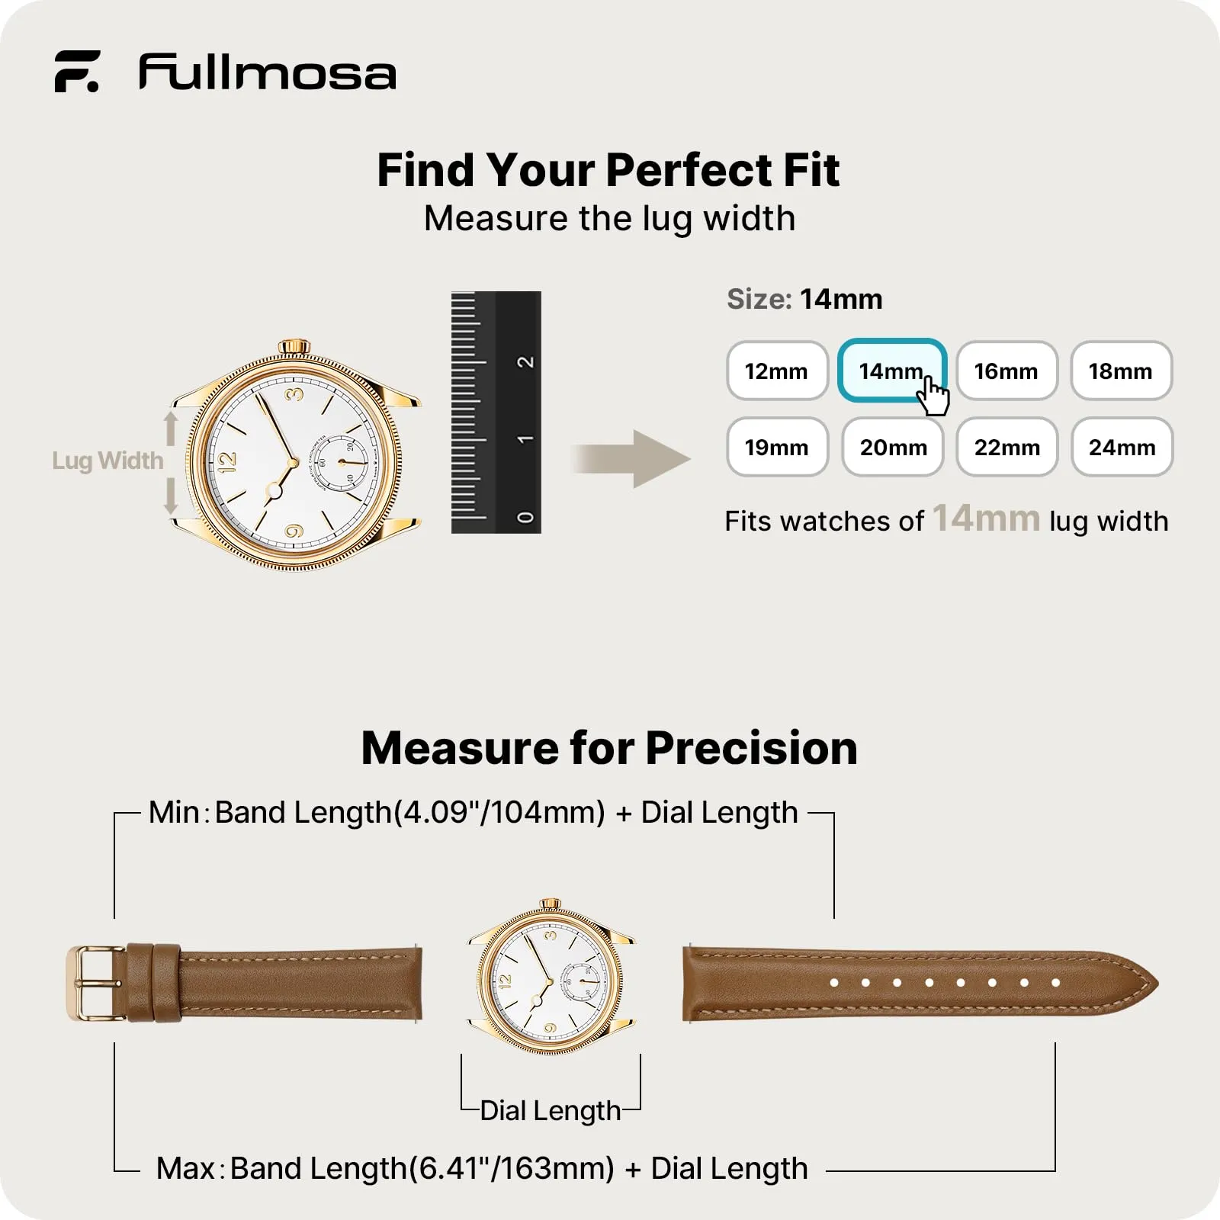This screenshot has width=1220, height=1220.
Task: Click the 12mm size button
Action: coord(777,371)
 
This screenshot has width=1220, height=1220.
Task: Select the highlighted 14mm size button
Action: coord(892,371)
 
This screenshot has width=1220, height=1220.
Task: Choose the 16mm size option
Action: coord(1007,371)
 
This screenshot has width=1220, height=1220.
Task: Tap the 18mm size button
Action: coord(1122,371)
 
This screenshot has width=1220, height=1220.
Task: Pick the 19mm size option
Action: coord(777,448)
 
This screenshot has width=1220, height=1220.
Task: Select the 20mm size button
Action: coord(893,448)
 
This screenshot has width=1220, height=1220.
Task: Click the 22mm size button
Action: coord(1007,448)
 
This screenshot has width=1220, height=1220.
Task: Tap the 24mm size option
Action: coord(1122,448)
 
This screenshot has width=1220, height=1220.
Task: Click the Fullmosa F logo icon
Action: coord(76,72)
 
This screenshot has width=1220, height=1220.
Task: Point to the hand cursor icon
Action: coord(934,396)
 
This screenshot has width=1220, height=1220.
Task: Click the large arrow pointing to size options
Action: coord(631,459)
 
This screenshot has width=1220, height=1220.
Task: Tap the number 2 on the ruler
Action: coord(525,361)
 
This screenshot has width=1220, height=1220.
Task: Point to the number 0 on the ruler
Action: coord(525,518)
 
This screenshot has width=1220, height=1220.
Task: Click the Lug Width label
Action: coord(108,461)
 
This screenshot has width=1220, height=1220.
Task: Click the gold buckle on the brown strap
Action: coord(95,984)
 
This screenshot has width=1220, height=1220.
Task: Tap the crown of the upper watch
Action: coord(294,348)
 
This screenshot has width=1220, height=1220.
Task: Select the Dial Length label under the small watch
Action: coord(551,1111)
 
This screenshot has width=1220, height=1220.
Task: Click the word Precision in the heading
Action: coord(752,748)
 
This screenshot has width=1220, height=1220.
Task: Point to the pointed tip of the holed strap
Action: coord(1157,984)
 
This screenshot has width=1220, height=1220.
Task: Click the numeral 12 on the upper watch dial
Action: coord(227,461)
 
